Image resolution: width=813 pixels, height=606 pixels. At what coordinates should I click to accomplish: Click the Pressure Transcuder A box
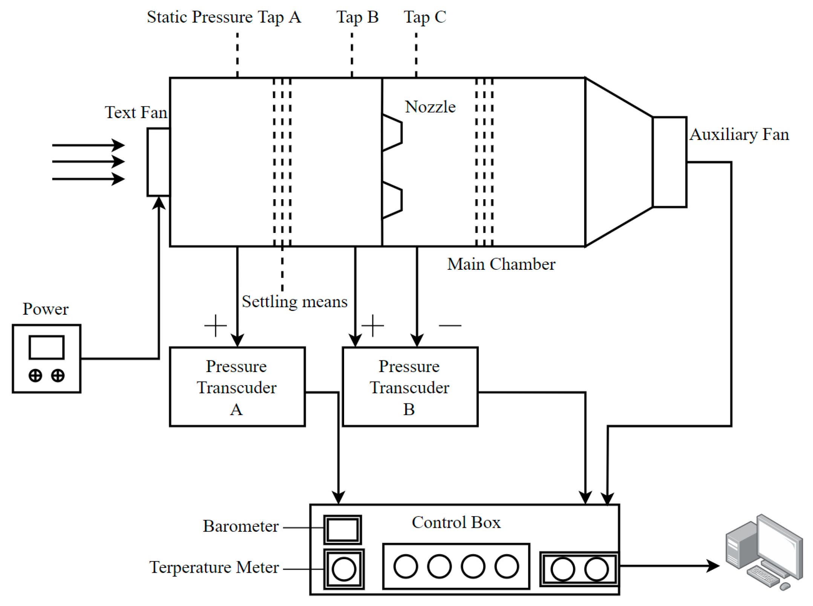coord(237,386)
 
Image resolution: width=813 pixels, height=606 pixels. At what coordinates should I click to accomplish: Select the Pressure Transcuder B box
coord(410,386)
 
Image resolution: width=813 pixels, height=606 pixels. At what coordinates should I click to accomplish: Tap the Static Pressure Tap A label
coord(224,17)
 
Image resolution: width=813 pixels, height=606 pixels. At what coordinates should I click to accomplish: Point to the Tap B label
coord(357,17)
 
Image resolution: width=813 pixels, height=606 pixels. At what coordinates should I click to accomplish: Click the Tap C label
coord(425,17)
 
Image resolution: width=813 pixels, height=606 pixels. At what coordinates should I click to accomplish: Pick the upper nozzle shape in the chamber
coord(392,133)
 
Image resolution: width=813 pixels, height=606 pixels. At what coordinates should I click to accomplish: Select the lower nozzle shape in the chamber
coord(392,200)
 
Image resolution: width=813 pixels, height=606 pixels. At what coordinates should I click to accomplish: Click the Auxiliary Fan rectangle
coord(669,162)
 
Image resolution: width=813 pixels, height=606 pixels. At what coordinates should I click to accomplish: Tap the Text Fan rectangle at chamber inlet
coord(158,162)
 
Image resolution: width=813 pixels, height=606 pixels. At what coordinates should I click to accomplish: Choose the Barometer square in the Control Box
coord(342,529)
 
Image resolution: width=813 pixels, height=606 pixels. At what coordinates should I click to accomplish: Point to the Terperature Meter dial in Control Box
coord(344,569)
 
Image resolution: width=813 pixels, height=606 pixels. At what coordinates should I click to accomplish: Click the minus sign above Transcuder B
coord(450,325)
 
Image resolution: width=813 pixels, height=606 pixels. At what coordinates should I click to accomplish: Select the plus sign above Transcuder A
coord(215,325)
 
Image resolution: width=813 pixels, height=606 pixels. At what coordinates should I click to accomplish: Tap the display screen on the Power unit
coord(46,347)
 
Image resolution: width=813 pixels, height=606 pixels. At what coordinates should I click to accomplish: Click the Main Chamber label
coord(501,264)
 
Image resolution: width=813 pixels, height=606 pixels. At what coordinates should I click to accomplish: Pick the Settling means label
coord(294,302)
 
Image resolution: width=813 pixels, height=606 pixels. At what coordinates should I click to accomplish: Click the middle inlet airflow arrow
coord(88,162)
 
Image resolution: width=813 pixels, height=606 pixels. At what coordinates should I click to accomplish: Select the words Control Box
coord(456,523)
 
